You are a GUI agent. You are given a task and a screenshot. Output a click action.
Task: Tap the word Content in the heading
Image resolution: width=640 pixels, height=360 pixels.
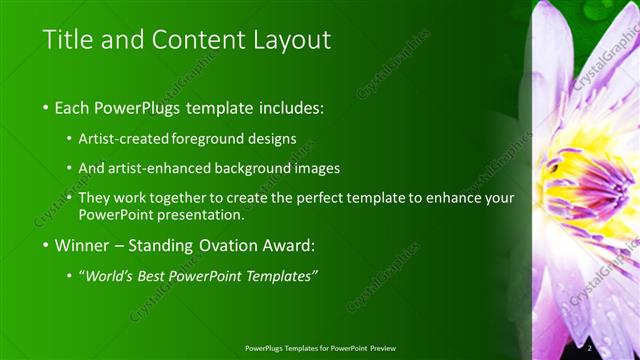point(196,40)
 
